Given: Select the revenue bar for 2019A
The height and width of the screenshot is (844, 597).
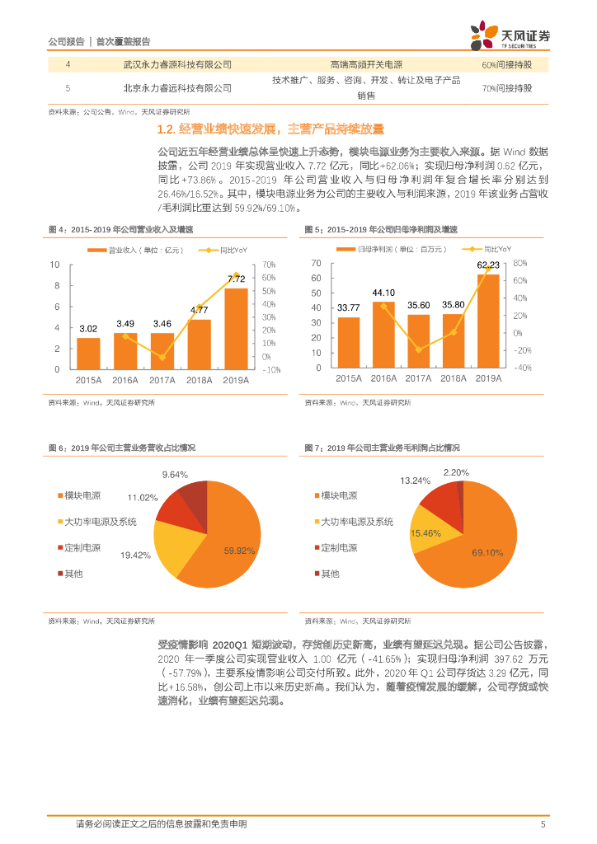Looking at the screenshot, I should coord(237,329).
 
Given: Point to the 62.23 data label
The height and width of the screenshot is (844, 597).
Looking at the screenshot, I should coord(488,265).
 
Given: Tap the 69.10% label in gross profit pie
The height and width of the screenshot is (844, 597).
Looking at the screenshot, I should coord(487,553).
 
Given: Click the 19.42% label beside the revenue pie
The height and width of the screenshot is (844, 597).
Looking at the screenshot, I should coord(135,556).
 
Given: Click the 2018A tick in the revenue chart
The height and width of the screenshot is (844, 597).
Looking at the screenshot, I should coord(200,379).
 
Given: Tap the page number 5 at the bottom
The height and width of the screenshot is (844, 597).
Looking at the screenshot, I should coord(543,823).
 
